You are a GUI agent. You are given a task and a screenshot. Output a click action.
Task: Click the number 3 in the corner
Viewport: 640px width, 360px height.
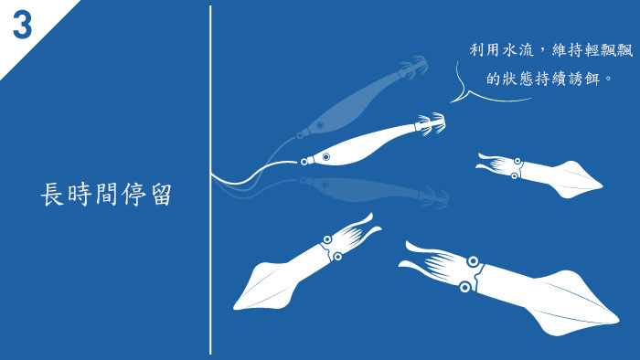coord(22,25)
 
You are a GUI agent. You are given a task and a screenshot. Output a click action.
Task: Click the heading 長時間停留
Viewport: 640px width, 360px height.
coord(106,195)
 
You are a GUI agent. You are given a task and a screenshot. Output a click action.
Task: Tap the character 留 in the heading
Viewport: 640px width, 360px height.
coord(161,195)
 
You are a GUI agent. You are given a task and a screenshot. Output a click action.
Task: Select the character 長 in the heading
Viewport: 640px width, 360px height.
coord(52,195)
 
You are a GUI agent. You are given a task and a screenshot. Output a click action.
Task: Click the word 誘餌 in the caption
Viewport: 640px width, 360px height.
coord(584,79)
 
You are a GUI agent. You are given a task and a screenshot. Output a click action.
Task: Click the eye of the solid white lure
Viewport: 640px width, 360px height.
coord(325,156)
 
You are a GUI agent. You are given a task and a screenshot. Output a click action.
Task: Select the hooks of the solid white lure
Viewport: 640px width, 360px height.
coord(432,124)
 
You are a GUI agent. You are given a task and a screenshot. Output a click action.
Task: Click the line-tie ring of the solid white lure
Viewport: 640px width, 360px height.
coord(304,162)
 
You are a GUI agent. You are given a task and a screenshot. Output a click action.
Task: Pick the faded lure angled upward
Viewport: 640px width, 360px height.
coord(362,97)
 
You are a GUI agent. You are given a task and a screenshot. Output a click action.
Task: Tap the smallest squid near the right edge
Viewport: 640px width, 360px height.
coord(539,175)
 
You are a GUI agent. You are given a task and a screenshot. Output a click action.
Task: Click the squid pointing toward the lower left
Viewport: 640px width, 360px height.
coord(307,261)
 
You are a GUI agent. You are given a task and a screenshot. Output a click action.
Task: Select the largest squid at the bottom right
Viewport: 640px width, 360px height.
coord(509,288)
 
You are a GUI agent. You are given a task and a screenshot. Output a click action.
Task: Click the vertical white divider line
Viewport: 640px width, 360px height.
coord(210,180)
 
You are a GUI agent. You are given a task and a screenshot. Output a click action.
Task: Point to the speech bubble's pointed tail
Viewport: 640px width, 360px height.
coord(451,102)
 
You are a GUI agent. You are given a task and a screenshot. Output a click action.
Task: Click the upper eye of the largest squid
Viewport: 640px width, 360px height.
coord(473,261)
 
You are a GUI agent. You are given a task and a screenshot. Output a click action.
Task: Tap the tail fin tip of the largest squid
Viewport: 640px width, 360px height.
coord(618,319)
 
